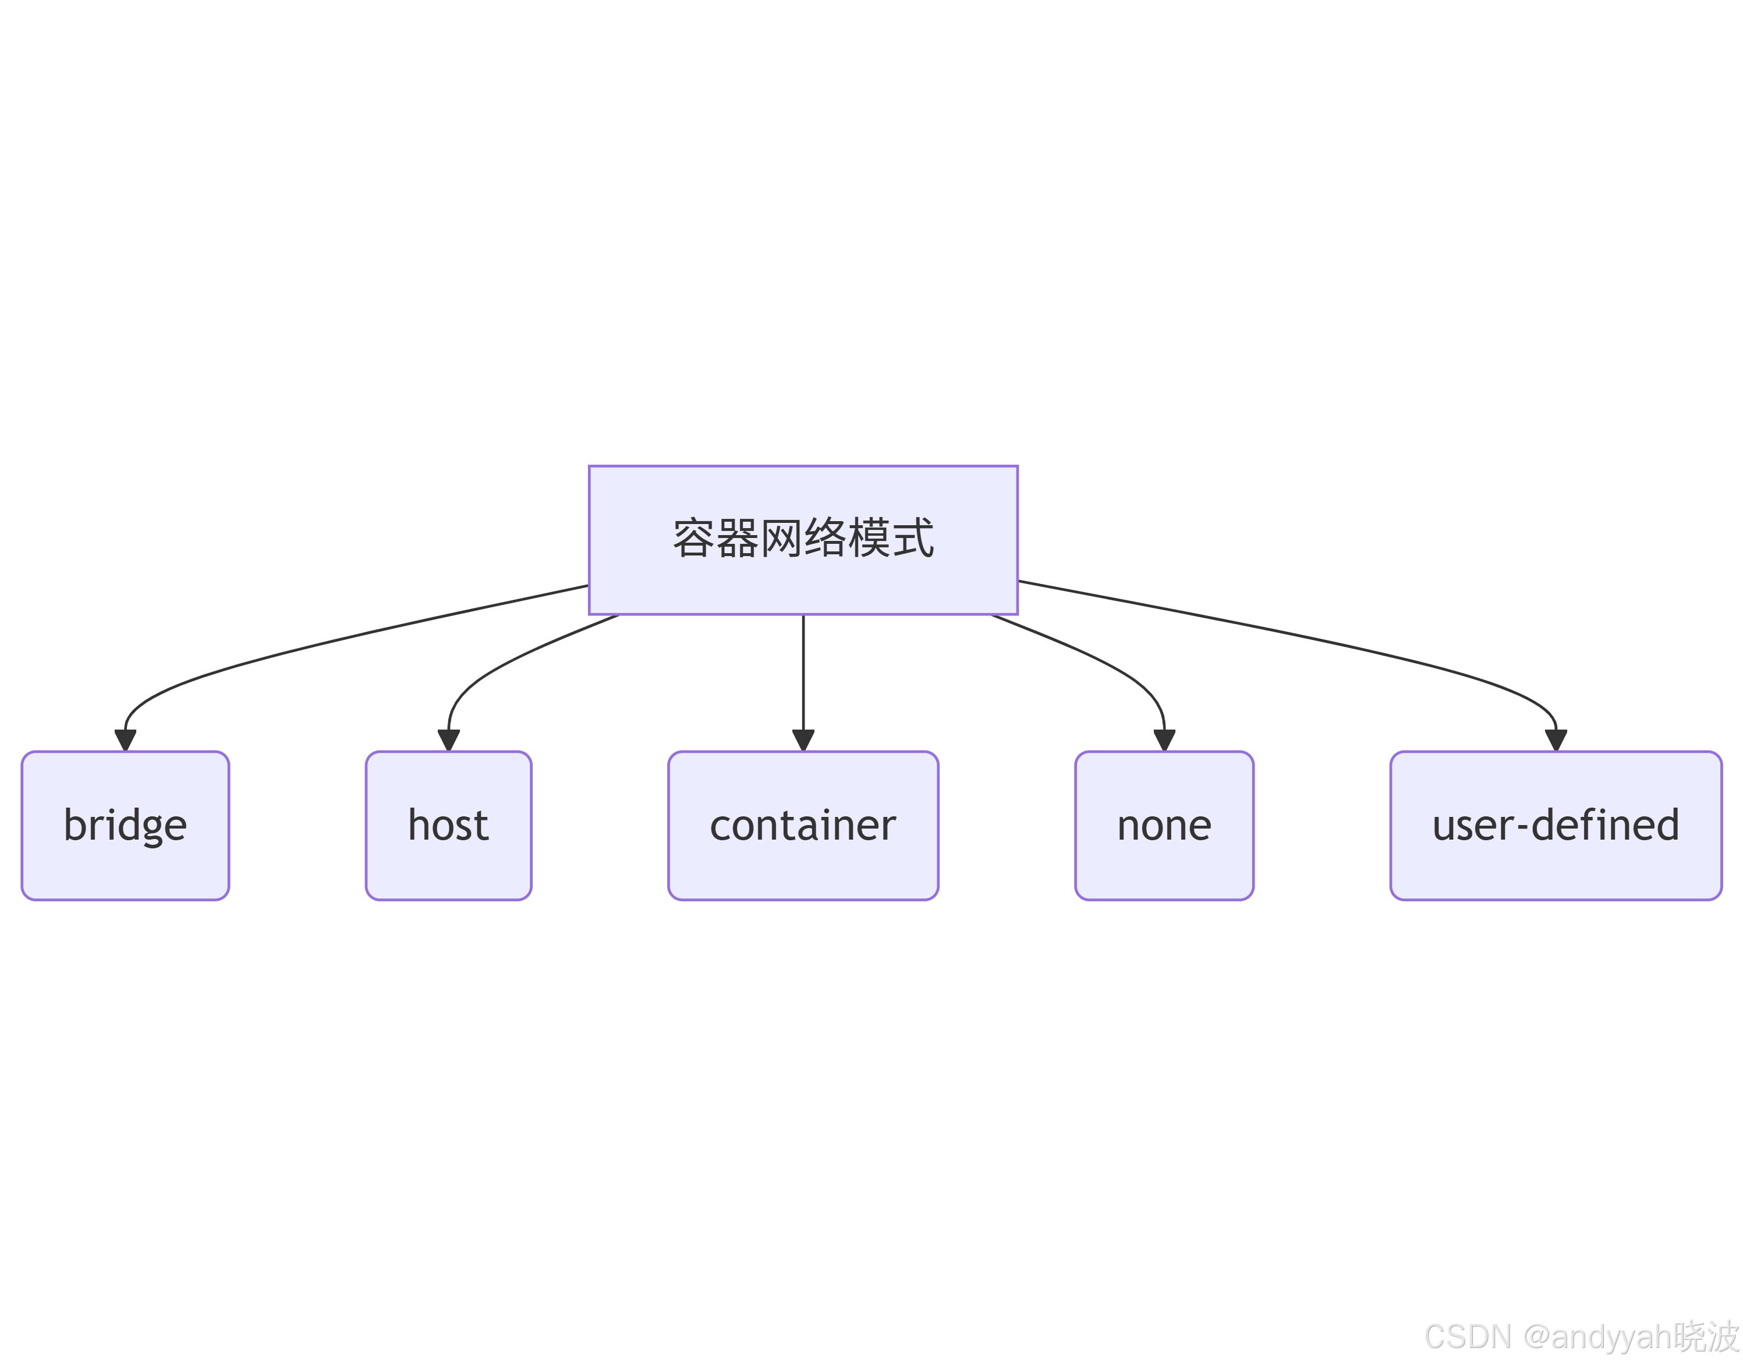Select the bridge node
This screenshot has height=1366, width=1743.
(126, 825)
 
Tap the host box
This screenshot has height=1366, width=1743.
(448, 825)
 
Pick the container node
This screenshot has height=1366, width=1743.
(803, 825)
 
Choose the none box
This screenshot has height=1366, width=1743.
(1164, 825)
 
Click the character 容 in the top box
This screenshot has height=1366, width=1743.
(693, 538)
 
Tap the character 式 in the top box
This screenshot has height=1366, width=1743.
(913, 538)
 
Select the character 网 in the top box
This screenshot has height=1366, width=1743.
(781, 538)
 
